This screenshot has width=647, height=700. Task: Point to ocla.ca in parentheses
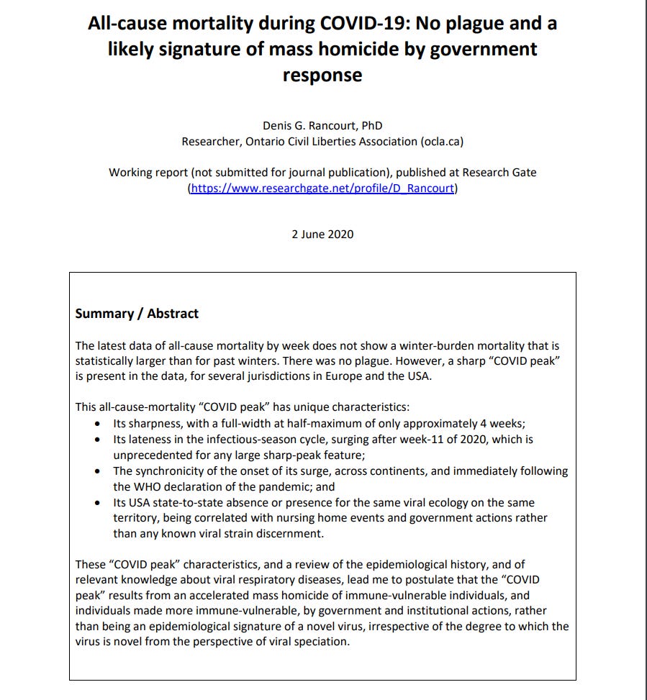click(x=441, y=142)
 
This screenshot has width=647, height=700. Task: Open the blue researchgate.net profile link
click(x=322, y=188)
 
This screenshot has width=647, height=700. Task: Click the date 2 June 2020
click(x=322, y=235)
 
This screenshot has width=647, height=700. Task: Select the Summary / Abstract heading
click(x=137, y=314)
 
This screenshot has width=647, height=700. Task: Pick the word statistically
click(x=106, y=361)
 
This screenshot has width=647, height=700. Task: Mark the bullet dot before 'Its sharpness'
click(x=97, y=424)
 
